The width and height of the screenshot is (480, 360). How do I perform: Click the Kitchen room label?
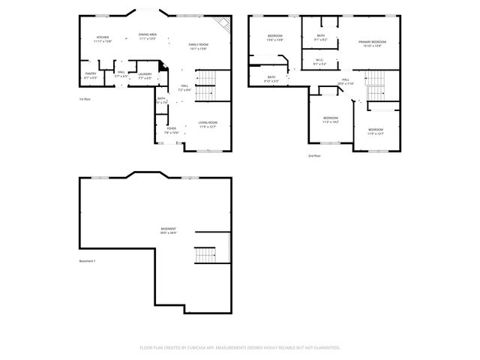click(102, 39)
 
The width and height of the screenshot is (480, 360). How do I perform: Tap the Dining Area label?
click(147, 36)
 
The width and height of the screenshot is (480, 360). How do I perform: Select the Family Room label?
click(198, 47)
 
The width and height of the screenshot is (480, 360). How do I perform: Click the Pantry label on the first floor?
click(90, 75)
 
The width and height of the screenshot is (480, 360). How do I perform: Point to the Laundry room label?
click(145, 75)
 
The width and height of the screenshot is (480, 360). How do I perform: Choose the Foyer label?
click(171, 130)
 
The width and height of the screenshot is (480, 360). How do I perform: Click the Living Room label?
click(208, 124)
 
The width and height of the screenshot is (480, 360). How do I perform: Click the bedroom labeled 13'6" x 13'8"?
click(275, 37)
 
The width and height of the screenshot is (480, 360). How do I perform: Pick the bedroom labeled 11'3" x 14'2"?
click(331, 119)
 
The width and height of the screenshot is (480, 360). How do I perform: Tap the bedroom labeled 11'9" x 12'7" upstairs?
click(376, 131)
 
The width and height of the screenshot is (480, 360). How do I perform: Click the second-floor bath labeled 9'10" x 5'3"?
click(271, 79)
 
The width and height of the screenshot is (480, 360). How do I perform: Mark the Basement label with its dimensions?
click(168, 230)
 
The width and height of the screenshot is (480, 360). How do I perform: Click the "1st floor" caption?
click(85, 99)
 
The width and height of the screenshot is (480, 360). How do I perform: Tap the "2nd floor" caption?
click(314, 155)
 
